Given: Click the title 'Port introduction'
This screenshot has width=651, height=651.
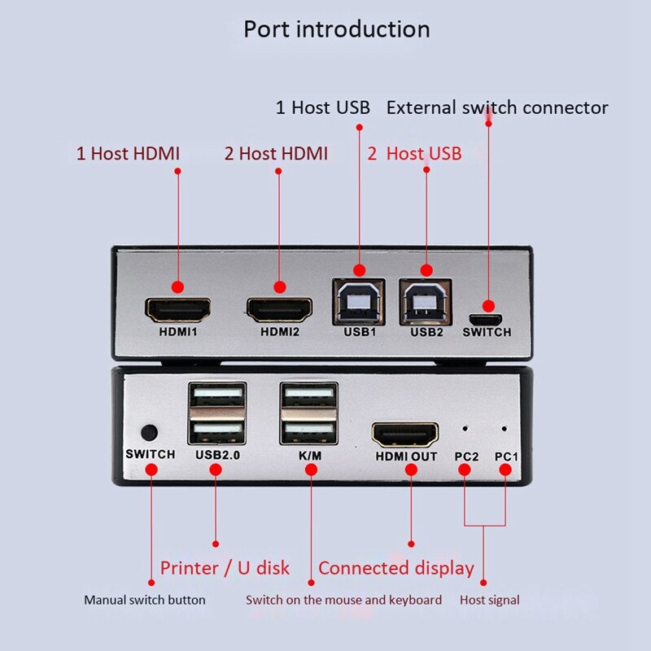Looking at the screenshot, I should coord(337,29).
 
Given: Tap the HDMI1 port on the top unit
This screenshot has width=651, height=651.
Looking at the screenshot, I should coord(177,308).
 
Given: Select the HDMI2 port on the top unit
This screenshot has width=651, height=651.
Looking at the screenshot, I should coord(279,308).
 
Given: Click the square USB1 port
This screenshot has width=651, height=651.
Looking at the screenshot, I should coord(359,301).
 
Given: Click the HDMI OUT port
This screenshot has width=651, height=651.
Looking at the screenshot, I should coord(405,434).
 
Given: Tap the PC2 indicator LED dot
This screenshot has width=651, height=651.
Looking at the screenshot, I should coord(466,427).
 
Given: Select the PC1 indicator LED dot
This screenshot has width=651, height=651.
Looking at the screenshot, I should coord(505,427).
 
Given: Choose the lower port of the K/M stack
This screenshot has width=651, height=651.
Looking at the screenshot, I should coord(309,429).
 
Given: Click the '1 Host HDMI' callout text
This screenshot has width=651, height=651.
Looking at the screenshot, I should coord(128,153).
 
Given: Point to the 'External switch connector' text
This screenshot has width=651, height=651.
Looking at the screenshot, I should coord(497,107).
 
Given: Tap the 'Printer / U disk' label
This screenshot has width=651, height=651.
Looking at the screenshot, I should coord(225,568).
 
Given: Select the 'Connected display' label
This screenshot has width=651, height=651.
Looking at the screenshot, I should coord(395,568).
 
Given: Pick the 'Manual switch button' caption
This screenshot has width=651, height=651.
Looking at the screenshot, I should coord(145,601).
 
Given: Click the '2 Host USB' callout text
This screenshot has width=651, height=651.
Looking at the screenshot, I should coord(414,153).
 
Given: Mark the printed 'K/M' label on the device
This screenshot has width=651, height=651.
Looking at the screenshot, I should coord(309,456).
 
